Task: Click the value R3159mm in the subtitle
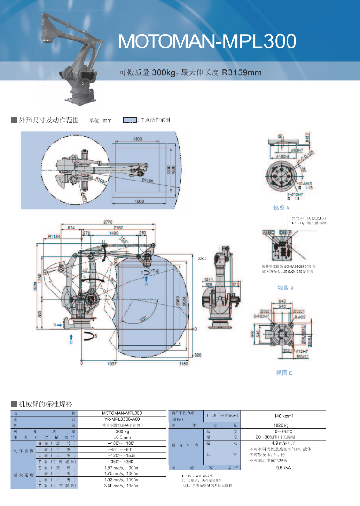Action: (242, 73)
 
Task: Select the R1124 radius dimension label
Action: (53, 237)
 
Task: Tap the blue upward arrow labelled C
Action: (71, 336)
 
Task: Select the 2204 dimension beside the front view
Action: (201, 258)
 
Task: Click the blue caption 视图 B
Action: (286, 288)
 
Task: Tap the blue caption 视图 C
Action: (284, 373)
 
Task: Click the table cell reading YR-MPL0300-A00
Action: (122, 419)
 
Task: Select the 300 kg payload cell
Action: (122, 431)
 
